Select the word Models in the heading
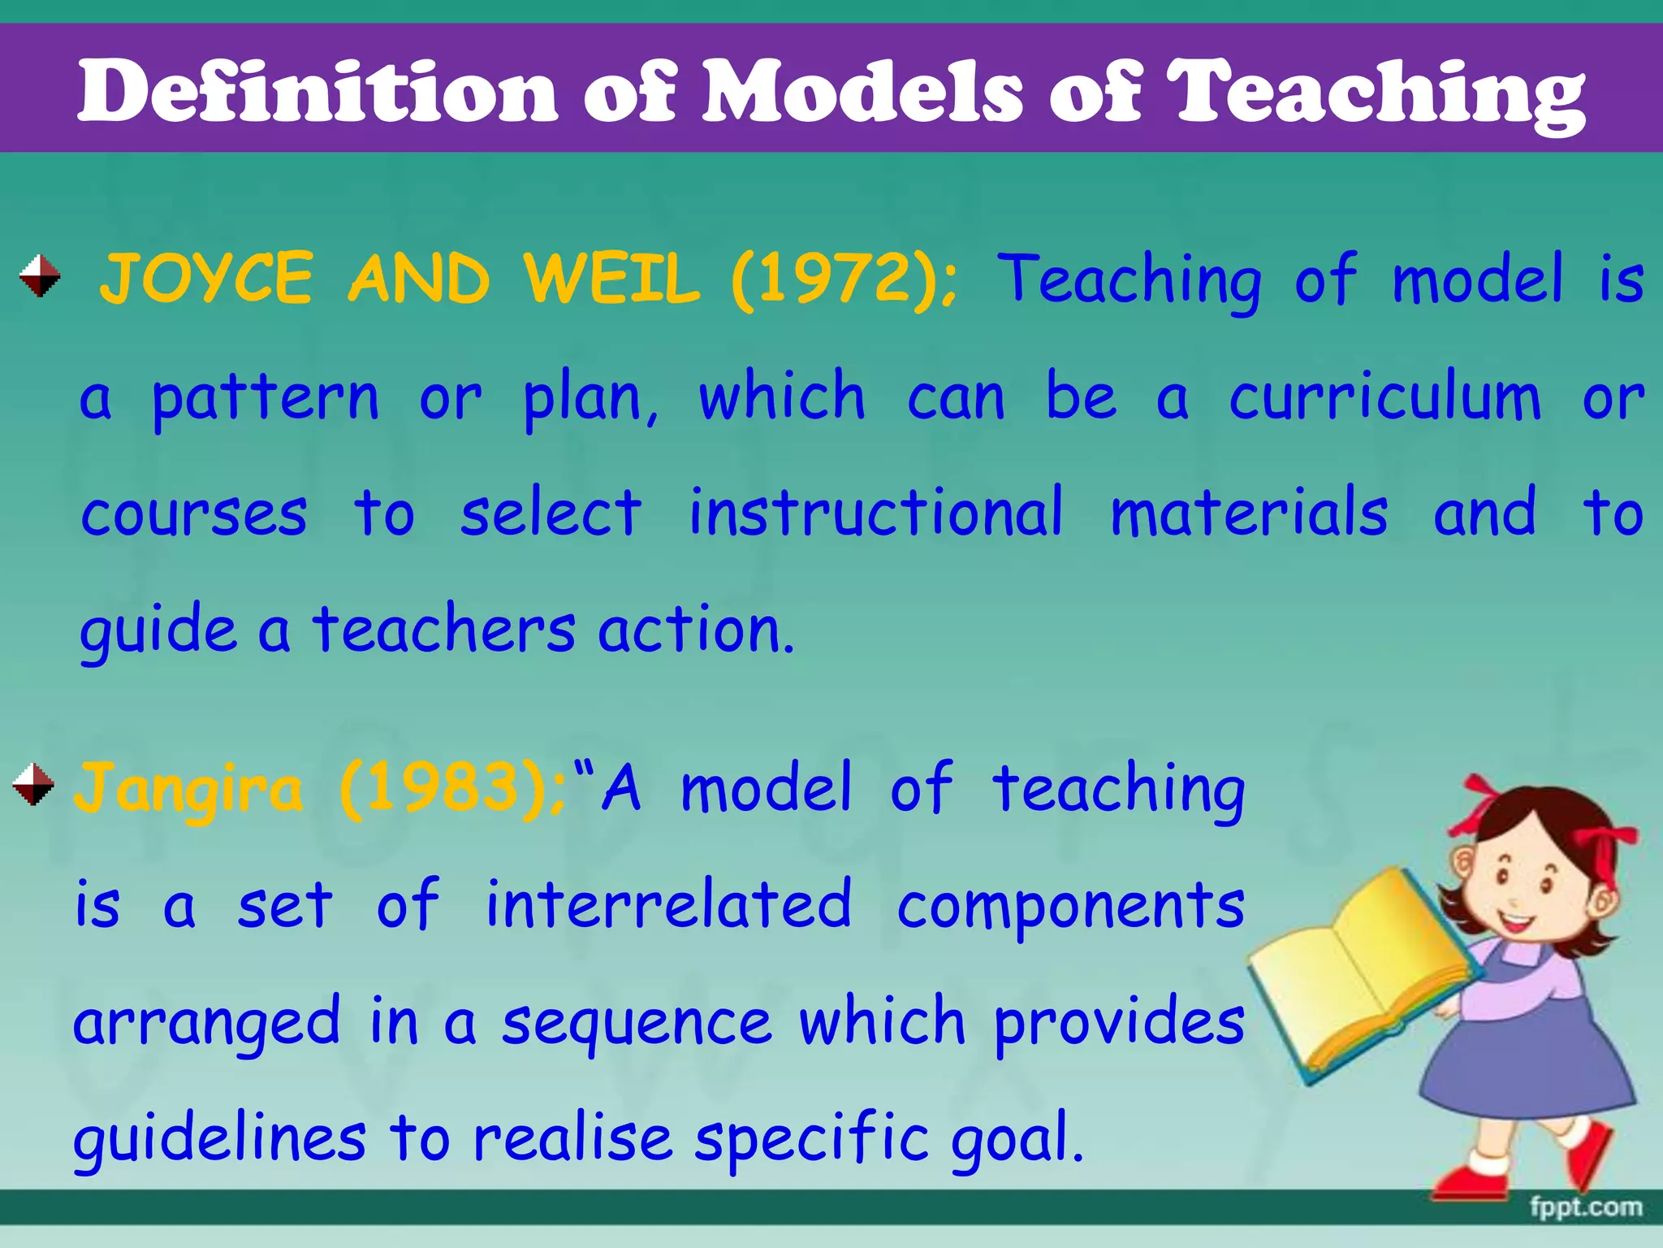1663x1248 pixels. coord(861,91)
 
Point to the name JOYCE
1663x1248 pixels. coord(206,279)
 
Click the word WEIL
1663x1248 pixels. coord(611,279)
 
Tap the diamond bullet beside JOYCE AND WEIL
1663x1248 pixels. coord(40,275)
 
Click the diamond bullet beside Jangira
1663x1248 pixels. coord(33,784)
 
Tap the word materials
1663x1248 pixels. coord(1249,513)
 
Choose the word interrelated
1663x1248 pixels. coord(668,905)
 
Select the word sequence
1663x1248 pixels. coord(637,1024)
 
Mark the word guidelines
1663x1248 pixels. coord(219,1139)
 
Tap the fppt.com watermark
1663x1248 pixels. coord(1585,1207)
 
